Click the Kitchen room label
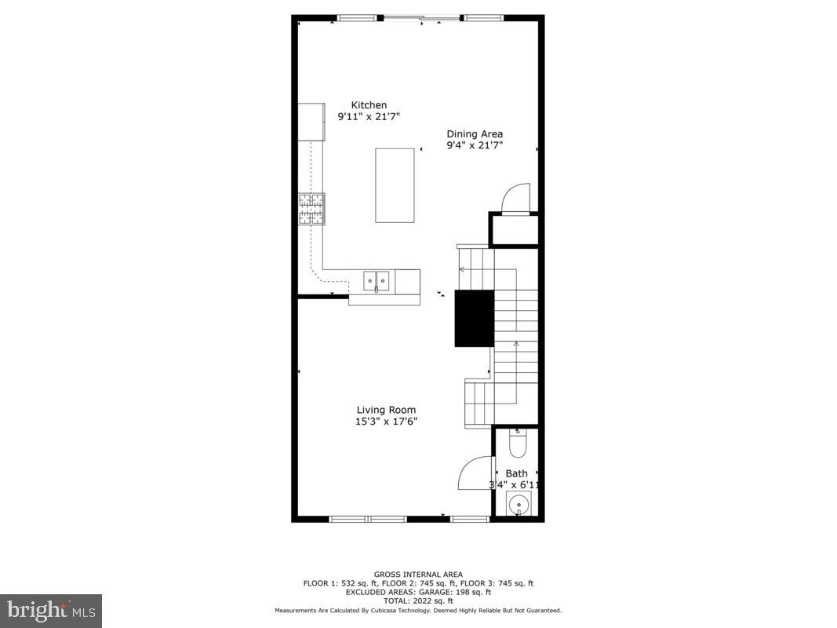(x=369, y=105)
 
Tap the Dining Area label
(x=475, y=133)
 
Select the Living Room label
(x=386, y=410)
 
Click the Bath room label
(x=516, y=473)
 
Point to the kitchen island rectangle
(x=395, y=185)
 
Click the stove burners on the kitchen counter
(x=311, y=209)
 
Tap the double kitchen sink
(x=377, y=279)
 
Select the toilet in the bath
(x=518, y=444)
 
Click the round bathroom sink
(x=519, y=506)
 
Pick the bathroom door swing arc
(x=472, y=474)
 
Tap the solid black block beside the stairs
(x=475, y=318)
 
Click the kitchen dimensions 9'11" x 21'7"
(x=368, y=117)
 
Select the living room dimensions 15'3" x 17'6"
(x=386, y=422)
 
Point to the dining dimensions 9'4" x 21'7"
(x=475, y=145)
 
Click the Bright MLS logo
(x=51, y=610)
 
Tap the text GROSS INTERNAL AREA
(x=418, y=575)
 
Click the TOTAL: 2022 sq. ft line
(x=418, y=601)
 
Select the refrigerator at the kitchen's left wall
(x=311, y=122)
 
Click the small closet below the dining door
(x=515, y=229)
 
